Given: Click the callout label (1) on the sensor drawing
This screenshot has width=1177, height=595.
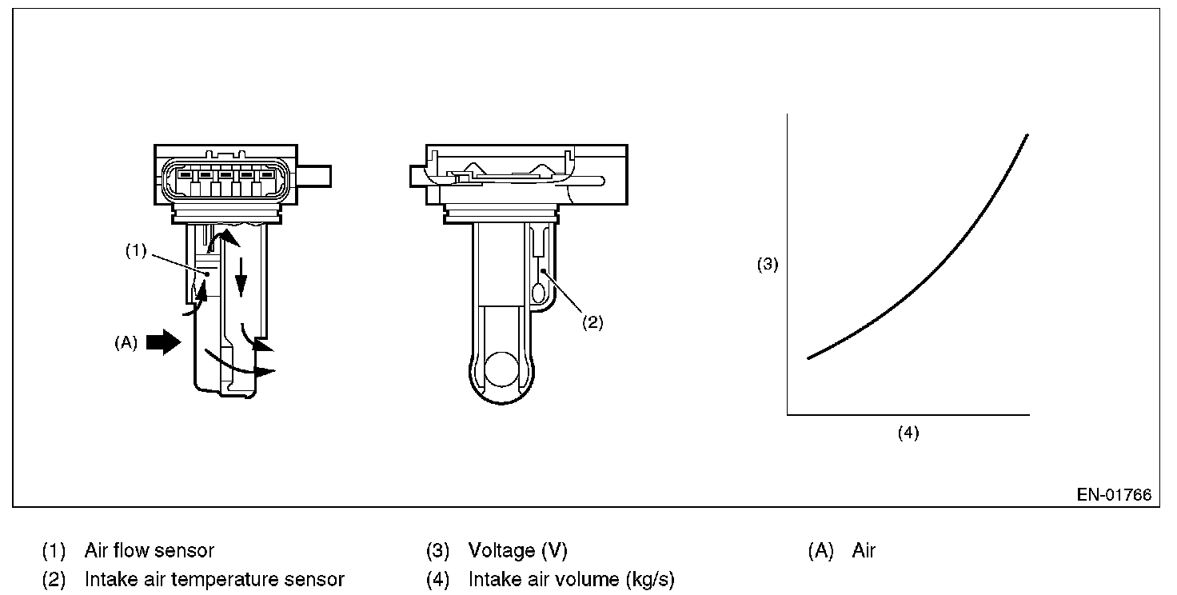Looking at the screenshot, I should tap(135, 250).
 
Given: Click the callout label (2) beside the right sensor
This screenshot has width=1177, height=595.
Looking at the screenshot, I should tap(592, 323).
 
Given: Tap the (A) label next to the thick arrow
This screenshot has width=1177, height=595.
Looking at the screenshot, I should tap(126, 343).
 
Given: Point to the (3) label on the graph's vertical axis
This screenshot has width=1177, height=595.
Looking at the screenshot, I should tap(768, 265).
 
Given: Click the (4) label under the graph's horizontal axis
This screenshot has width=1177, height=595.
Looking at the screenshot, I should tap(908, 433).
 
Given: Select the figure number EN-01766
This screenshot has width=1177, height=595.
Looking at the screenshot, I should tap(1114, 495).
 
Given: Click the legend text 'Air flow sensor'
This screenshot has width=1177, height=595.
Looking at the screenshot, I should tap(150, 550).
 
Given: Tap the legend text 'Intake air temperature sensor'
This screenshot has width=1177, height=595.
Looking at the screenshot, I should tap(214, 579).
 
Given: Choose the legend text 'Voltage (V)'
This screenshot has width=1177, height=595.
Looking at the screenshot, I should tap(517, 550).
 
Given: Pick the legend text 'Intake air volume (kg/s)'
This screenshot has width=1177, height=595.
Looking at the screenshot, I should tap(571, 579).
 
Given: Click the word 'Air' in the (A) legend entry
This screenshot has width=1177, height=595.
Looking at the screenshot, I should tap(864, 550).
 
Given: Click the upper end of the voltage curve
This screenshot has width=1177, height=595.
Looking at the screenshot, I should tap(1027, 136).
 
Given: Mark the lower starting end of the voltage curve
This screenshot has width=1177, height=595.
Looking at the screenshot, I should tap(809, 357).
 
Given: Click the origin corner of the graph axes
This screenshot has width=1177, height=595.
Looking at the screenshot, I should tap(788, 414).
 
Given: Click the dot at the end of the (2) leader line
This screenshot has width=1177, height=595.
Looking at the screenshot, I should tap(543, 272).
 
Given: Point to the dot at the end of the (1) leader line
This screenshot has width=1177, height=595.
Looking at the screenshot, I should tap(207, 274).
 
